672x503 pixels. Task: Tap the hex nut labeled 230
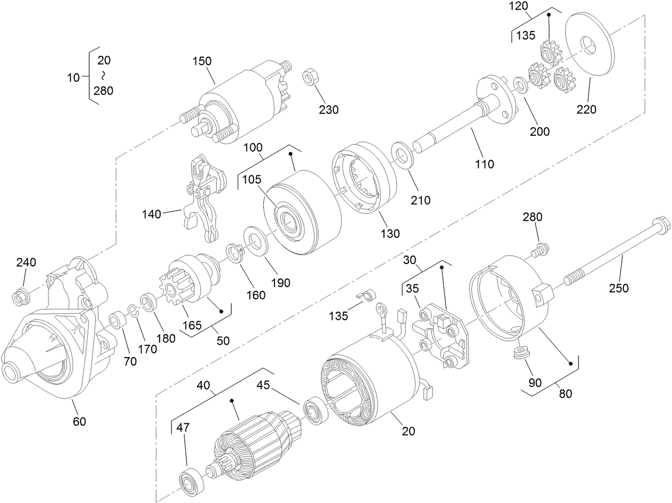[x=309, y=78]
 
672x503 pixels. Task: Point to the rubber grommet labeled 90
[x=518, y=354]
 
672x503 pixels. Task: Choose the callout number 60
[x=79, y=422]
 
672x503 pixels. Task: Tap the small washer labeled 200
[x=519, y=84]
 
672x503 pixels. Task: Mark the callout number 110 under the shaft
[x=485, y=164]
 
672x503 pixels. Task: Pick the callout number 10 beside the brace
[x=73, y=78]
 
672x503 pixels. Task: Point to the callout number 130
[x=390, y=234]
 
